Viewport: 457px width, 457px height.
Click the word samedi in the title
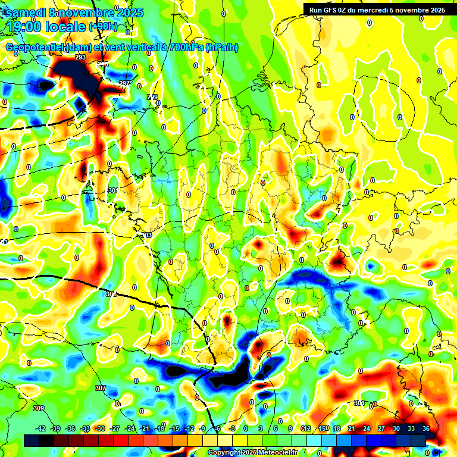pyautogui.click(x=25, y=12)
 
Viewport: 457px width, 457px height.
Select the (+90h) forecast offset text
pyautogui.click(x=103, y=27)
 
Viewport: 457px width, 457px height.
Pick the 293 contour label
pyautogui.click(x=80, y=57)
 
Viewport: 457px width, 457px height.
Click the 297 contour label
pyautogui.click(x=124, y=83)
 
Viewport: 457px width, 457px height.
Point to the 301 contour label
pyautogui.click(x=112, y=190)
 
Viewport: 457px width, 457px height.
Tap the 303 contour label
pyautogui.click(x=147, y=236)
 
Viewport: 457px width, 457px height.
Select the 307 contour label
pyautogui.click(x=100, y=388)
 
